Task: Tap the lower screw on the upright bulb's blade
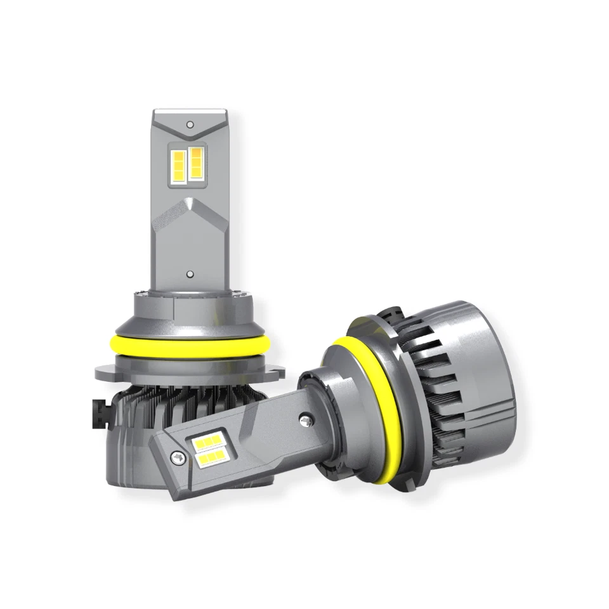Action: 190,275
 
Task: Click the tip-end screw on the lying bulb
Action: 177,456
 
